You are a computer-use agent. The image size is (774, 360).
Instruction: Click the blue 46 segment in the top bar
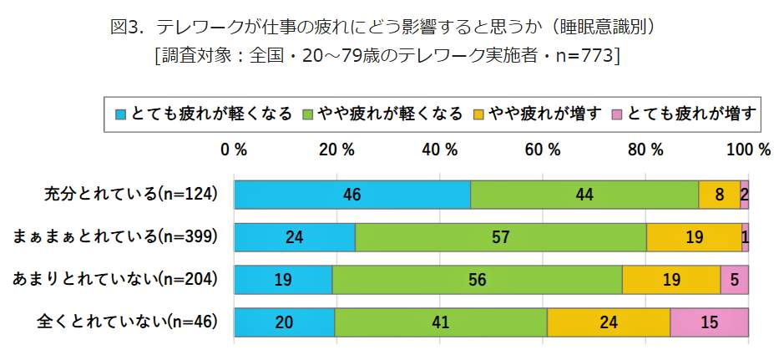352,194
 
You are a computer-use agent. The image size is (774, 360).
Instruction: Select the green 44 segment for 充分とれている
584,194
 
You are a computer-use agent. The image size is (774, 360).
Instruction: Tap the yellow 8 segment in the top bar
719,194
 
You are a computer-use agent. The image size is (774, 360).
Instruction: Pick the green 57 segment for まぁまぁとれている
500,236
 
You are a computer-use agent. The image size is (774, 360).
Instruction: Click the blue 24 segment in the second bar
294,236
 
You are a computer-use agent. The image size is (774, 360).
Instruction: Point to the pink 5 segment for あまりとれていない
734,280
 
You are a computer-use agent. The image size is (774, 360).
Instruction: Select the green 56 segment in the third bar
477,280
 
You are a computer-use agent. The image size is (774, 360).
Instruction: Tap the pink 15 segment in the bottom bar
709,322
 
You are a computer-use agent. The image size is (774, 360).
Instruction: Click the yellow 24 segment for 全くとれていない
608,322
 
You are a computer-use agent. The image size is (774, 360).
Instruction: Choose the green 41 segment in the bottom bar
440,322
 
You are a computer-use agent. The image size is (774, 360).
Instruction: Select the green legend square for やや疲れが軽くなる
307,114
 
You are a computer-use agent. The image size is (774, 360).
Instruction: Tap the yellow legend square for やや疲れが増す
479,114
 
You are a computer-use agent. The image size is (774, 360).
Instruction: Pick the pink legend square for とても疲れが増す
618,114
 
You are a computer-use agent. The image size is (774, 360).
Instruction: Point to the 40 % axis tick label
439,150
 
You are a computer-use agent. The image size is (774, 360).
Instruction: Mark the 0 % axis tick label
234,150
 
